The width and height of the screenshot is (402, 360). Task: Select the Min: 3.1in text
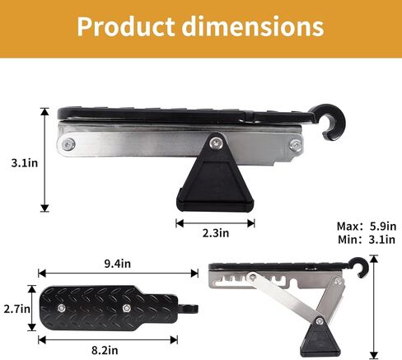[x=367, y=240]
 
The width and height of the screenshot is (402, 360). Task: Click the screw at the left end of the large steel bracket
[x=67, y=145]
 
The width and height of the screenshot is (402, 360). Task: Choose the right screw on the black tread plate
[x=127, y=307]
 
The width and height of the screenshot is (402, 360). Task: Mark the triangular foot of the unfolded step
[x=316, y=338]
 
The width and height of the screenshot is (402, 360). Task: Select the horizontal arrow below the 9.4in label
[x=116, y=274]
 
